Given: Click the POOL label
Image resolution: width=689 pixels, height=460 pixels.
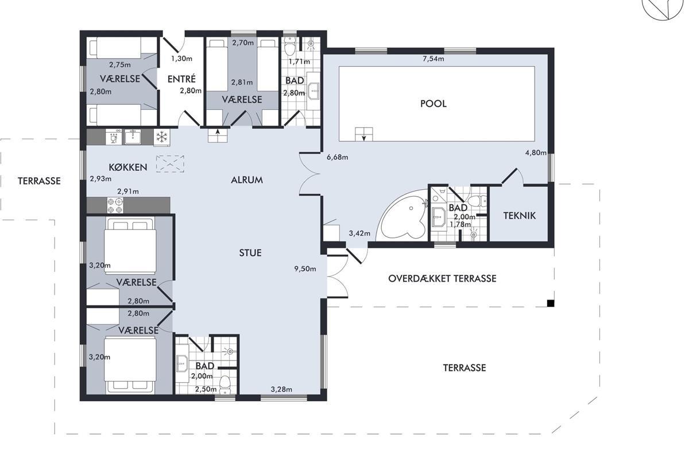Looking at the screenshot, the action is (433, 103).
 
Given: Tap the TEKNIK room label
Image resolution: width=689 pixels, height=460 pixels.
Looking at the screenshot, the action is (519, 216).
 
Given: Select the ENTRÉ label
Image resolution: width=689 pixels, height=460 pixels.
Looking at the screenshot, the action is (181, 79).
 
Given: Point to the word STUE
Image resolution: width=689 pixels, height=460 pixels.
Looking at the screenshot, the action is (250, 253).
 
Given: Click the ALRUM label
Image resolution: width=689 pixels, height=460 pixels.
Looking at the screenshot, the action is (247, 180).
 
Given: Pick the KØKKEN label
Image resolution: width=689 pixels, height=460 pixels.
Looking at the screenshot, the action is (128, 167).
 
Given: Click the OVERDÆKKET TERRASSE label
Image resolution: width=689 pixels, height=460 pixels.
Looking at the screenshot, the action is (442, 278).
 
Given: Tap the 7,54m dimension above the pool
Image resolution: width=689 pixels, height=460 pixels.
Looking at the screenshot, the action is (433, 59).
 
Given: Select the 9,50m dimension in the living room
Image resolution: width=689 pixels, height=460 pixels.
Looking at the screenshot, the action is (305, 269).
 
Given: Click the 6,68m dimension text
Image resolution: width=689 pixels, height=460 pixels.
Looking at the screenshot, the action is (338, 157).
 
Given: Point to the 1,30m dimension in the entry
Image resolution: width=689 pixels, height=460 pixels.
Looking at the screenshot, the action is (182, 59).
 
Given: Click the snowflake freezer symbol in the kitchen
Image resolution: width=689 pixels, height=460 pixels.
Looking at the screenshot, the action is (161, 137).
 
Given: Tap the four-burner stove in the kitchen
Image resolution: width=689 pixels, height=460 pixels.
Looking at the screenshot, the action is (115, 205).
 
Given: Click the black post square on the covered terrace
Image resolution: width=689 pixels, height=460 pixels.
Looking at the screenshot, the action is (551, 303).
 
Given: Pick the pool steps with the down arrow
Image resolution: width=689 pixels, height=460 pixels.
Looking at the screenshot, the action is (364, 135).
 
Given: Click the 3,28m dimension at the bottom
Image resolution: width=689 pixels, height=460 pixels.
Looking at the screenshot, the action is (281, 389).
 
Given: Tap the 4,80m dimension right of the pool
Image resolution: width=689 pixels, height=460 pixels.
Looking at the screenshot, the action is (536, 152).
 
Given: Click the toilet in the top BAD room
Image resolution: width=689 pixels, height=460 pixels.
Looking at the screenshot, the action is (289, 47).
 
